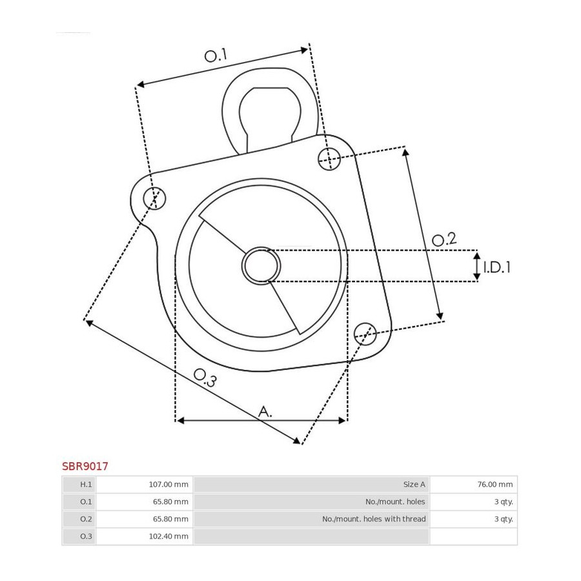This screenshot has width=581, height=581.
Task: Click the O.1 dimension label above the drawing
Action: pyautogui.click(x=216, y=56)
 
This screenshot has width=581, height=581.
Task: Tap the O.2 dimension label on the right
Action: pyautogui.click(x=444, y=240)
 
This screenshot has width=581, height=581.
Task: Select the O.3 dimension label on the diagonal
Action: pyautogui.click(x=205, y=378)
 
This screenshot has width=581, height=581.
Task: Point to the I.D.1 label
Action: pyautogui.click(x=497, y=267)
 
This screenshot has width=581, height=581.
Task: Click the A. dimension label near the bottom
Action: pyautogui.click(x=265, y=411)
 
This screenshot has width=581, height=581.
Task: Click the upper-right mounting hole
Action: pyautogui.click(x=329, y=159)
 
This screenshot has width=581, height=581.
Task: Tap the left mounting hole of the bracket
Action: pyautogui.click(x=154, y=198)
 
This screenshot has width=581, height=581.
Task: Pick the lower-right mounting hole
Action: pyautogui.click(x=365, y=334)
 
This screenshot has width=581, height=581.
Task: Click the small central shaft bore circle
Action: pyautogui.click(x=261, y=266)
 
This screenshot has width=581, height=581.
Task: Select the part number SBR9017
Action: pyautogui.click(x=85, y=466)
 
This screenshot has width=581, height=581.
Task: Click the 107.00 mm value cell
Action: pyautogui.click(x=168, y=484)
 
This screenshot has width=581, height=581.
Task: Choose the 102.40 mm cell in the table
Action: pyautogui.click(x=168, y=536)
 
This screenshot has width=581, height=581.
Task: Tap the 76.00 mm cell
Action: pyautogui.click(x=495, y=484)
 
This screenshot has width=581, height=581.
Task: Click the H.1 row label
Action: pyautogui.click(x=86, y=484)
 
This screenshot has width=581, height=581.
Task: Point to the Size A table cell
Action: pyautogui.click(x=414, y=484)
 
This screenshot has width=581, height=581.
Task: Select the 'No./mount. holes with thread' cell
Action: pyautogui.click(x=374, y=519)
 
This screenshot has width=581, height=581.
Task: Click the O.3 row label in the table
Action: pyautogui.click(x=86, y=536)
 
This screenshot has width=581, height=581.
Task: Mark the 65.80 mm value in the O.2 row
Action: pyautogui.click(x=170, y=519)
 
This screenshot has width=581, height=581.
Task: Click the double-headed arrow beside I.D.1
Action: pyautogui.click(x=477, y=266)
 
